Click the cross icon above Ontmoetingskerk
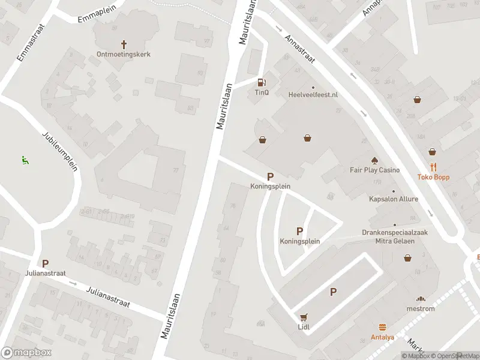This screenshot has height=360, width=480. (x=124, y=44)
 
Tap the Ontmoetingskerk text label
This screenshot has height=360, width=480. (x=124, y=54)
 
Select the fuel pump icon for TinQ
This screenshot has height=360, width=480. (x=261, y=83)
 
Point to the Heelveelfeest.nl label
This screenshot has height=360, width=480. (x=313, y=95)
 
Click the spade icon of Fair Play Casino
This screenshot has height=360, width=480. (x=374, y=160)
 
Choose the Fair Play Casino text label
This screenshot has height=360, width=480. (x=374, y=170)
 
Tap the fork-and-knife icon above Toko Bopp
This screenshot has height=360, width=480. (x=433, y=167)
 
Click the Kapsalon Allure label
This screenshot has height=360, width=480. (x=394, y=199)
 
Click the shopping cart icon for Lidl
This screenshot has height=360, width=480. (x=304, y=317)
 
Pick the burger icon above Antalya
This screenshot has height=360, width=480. (x=382, y=327)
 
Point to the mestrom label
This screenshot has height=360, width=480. (x=421, y=308)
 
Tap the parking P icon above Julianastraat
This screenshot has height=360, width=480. (x=45, y=263)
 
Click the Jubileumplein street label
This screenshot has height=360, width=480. (x=60, y=151)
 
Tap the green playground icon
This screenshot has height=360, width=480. (x=25, y=160)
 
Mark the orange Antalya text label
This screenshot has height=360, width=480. (x=382, y=337)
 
